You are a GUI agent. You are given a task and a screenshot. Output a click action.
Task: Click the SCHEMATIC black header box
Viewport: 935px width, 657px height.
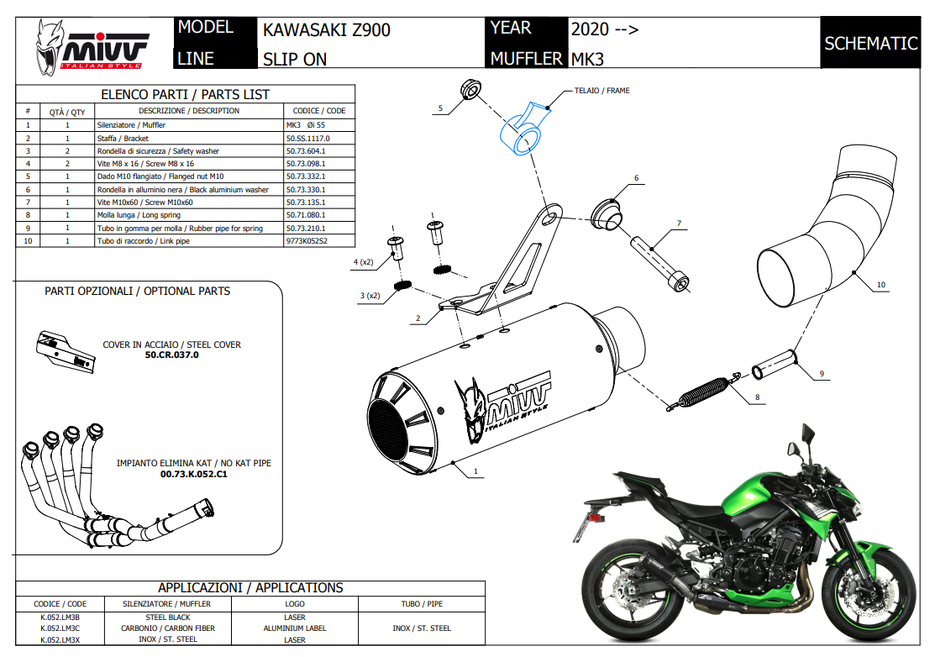point(870,43)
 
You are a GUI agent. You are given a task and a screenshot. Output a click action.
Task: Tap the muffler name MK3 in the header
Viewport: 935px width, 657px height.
point(587,59)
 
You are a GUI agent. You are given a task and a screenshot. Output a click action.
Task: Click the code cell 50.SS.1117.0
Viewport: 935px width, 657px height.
point(308,138)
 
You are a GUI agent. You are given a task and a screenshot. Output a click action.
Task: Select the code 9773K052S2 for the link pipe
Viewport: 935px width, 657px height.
point(307,240)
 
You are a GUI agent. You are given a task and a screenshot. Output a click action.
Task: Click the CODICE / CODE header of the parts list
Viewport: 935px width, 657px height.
point(318,111)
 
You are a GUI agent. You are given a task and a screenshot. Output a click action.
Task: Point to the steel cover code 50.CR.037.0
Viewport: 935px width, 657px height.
point(171,355)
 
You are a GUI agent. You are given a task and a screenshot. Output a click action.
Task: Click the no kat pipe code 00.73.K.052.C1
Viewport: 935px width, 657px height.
point(193,474)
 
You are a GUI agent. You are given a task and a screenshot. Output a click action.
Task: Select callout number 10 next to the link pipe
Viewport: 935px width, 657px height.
point(880,285)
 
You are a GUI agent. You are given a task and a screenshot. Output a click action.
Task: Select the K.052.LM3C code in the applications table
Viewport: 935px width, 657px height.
point(59,628)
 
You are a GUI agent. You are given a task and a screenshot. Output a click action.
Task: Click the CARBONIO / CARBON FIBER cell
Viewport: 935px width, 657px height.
point(168,628)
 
